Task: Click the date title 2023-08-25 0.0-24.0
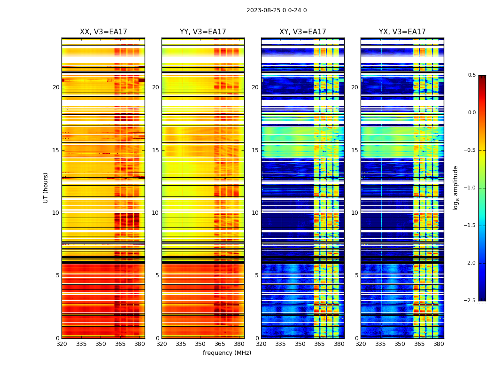[x=277, y=10]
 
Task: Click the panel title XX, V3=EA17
[x=103, y=32]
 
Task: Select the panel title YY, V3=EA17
[x=203, y=32]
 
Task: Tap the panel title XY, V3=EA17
[x=302, y=32]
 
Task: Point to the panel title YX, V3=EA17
[x=402, y=32]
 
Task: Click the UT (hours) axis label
[x=46, y=188]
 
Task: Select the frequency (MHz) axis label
[x=227, y=353]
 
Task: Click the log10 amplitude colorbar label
[x=455, y=188]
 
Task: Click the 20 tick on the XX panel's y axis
[x=56, y=87]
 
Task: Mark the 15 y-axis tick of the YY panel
[x=155, y=150]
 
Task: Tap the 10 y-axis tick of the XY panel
[x=255, y=213]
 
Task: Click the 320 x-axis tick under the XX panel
[x=62, y=344]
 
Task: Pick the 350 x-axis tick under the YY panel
[x=200, y=344]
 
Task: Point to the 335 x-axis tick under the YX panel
[x=380, y=344]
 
